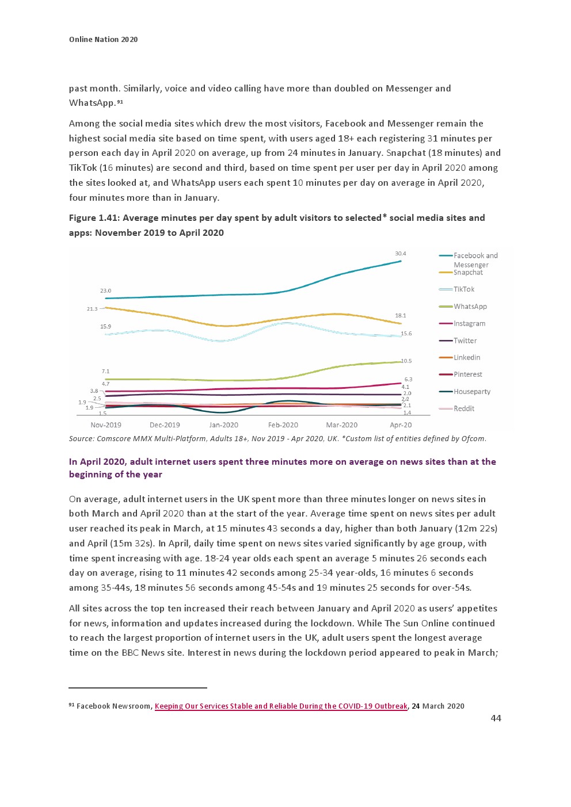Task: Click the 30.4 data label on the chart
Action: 400,254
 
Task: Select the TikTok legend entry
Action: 463,289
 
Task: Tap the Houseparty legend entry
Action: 471,392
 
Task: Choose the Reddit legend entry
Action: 463,408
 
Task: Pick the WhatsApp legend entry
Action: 470,307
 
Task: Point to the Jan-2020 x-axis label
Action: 223,425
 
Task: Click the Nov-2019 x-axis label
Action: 106,425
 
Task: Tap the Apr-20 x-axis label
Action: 401,425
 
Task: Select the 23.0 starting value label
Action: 105,291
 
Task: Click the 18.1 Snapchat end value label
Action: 400,316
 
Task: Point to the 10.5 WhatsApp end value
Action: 406,361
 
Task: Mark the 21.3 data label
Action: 92,309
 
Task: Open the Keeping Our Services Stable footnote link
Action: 281,706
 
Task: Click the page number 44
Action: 496,718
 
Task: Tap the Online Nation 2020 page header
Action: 103,40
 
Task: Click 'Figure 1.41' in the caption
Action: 94,218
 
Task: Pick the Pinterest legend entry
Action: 467,374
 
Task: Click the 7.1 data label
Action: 105,372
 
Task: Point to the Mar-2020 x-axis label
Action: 341,425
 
